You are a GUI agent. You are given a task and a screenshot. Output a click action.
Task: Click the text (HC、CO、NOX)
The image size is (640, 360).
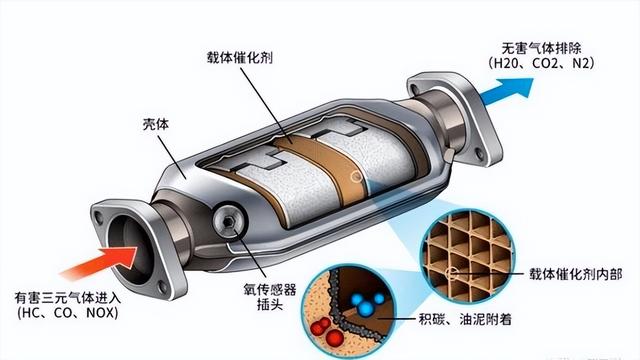(66, 314)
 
